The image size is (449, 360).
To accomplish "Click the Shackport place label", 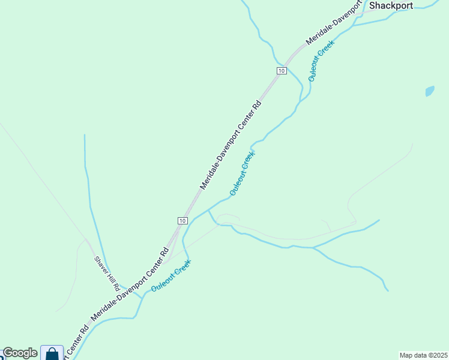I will pyautogui.click(x=391, y=5).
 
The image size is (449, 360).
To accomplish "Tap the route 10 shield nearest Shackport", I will pyautogui.click(x=281, y=71).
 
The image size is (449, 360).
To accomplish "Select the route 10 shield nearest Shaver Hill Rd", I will pyautogui.click(x=182, y=220).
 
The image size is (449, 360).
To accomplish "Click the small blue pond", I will pyautogui.click(x=429, y=91).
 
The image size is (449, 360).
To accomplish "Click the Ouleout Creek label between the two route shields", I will pyautogui.click(x=243, y=173).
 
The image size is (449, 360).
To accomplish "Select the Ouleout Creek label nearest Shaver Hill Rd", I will pyautogui.click(x=171, y=275).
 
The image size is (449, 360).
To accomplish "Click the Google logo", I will pyautogui.click(x=20, y=353).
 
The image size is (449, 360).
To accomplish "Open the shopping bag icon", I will pyautogui.click(x=52, y=353).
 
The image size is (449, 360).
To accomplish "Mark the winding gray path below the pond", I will pyautogui.click(x=378, y=174).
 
